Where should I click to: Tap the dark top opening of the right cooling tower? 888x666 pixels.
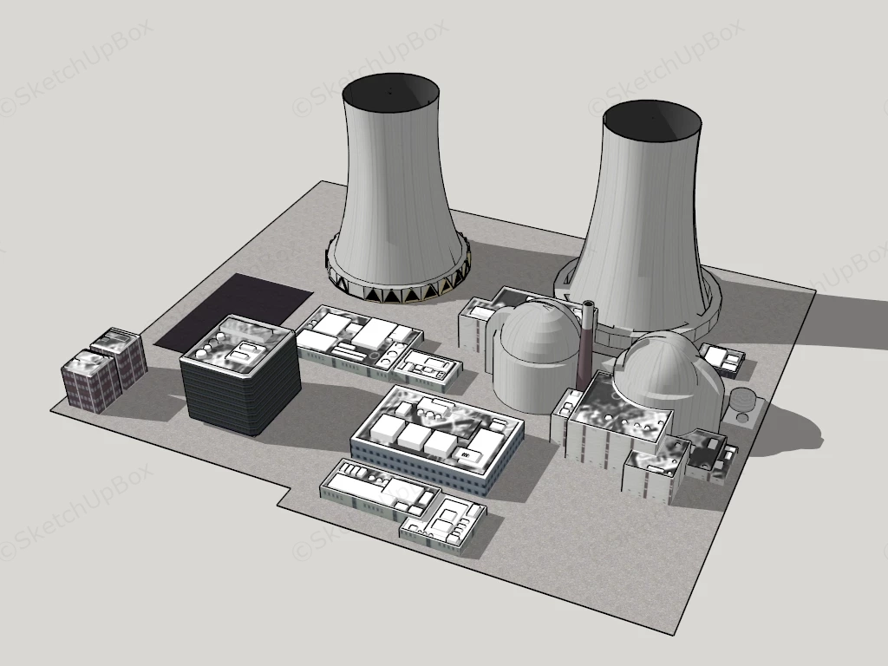pos(651,121)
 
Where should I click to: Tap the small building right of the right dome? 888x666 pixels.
pos(722,358)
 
